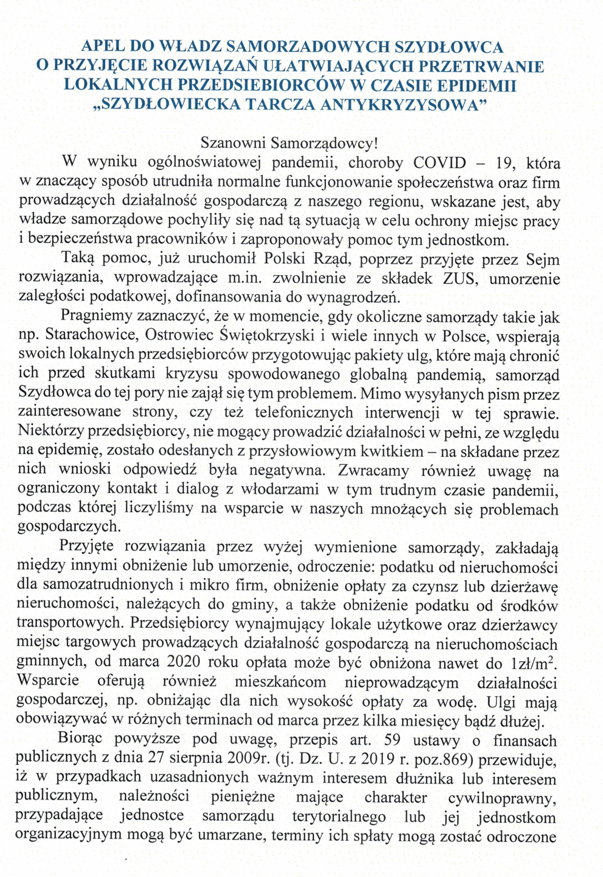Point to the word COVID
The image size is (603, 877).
click(x=439, y=163)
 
